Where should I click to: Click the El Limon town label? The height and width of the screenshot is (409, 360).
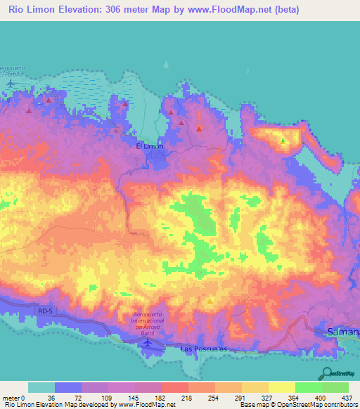149,146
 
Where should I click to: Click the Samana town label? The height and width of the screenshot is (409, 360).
344,330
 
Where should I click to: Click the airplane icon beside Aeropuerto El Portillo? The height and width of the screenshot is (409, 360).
11,84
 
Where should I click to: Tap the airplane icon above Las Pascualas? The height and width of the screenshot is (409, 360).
147,342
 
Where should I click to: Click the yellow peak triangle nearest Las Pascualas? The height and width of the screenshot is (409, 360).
210,301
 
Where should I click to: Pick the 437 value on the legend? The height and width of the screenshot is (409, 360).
347,398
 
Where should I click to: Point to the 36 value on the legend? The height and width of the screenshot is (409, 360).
51,398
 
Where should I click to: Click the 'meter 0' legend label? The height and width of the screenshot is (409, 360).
14,398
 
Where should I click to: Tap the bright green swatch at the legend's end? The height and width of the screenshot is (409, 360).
335,387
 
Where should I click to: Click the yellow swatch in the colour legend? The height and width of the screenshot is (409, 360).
281,387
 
